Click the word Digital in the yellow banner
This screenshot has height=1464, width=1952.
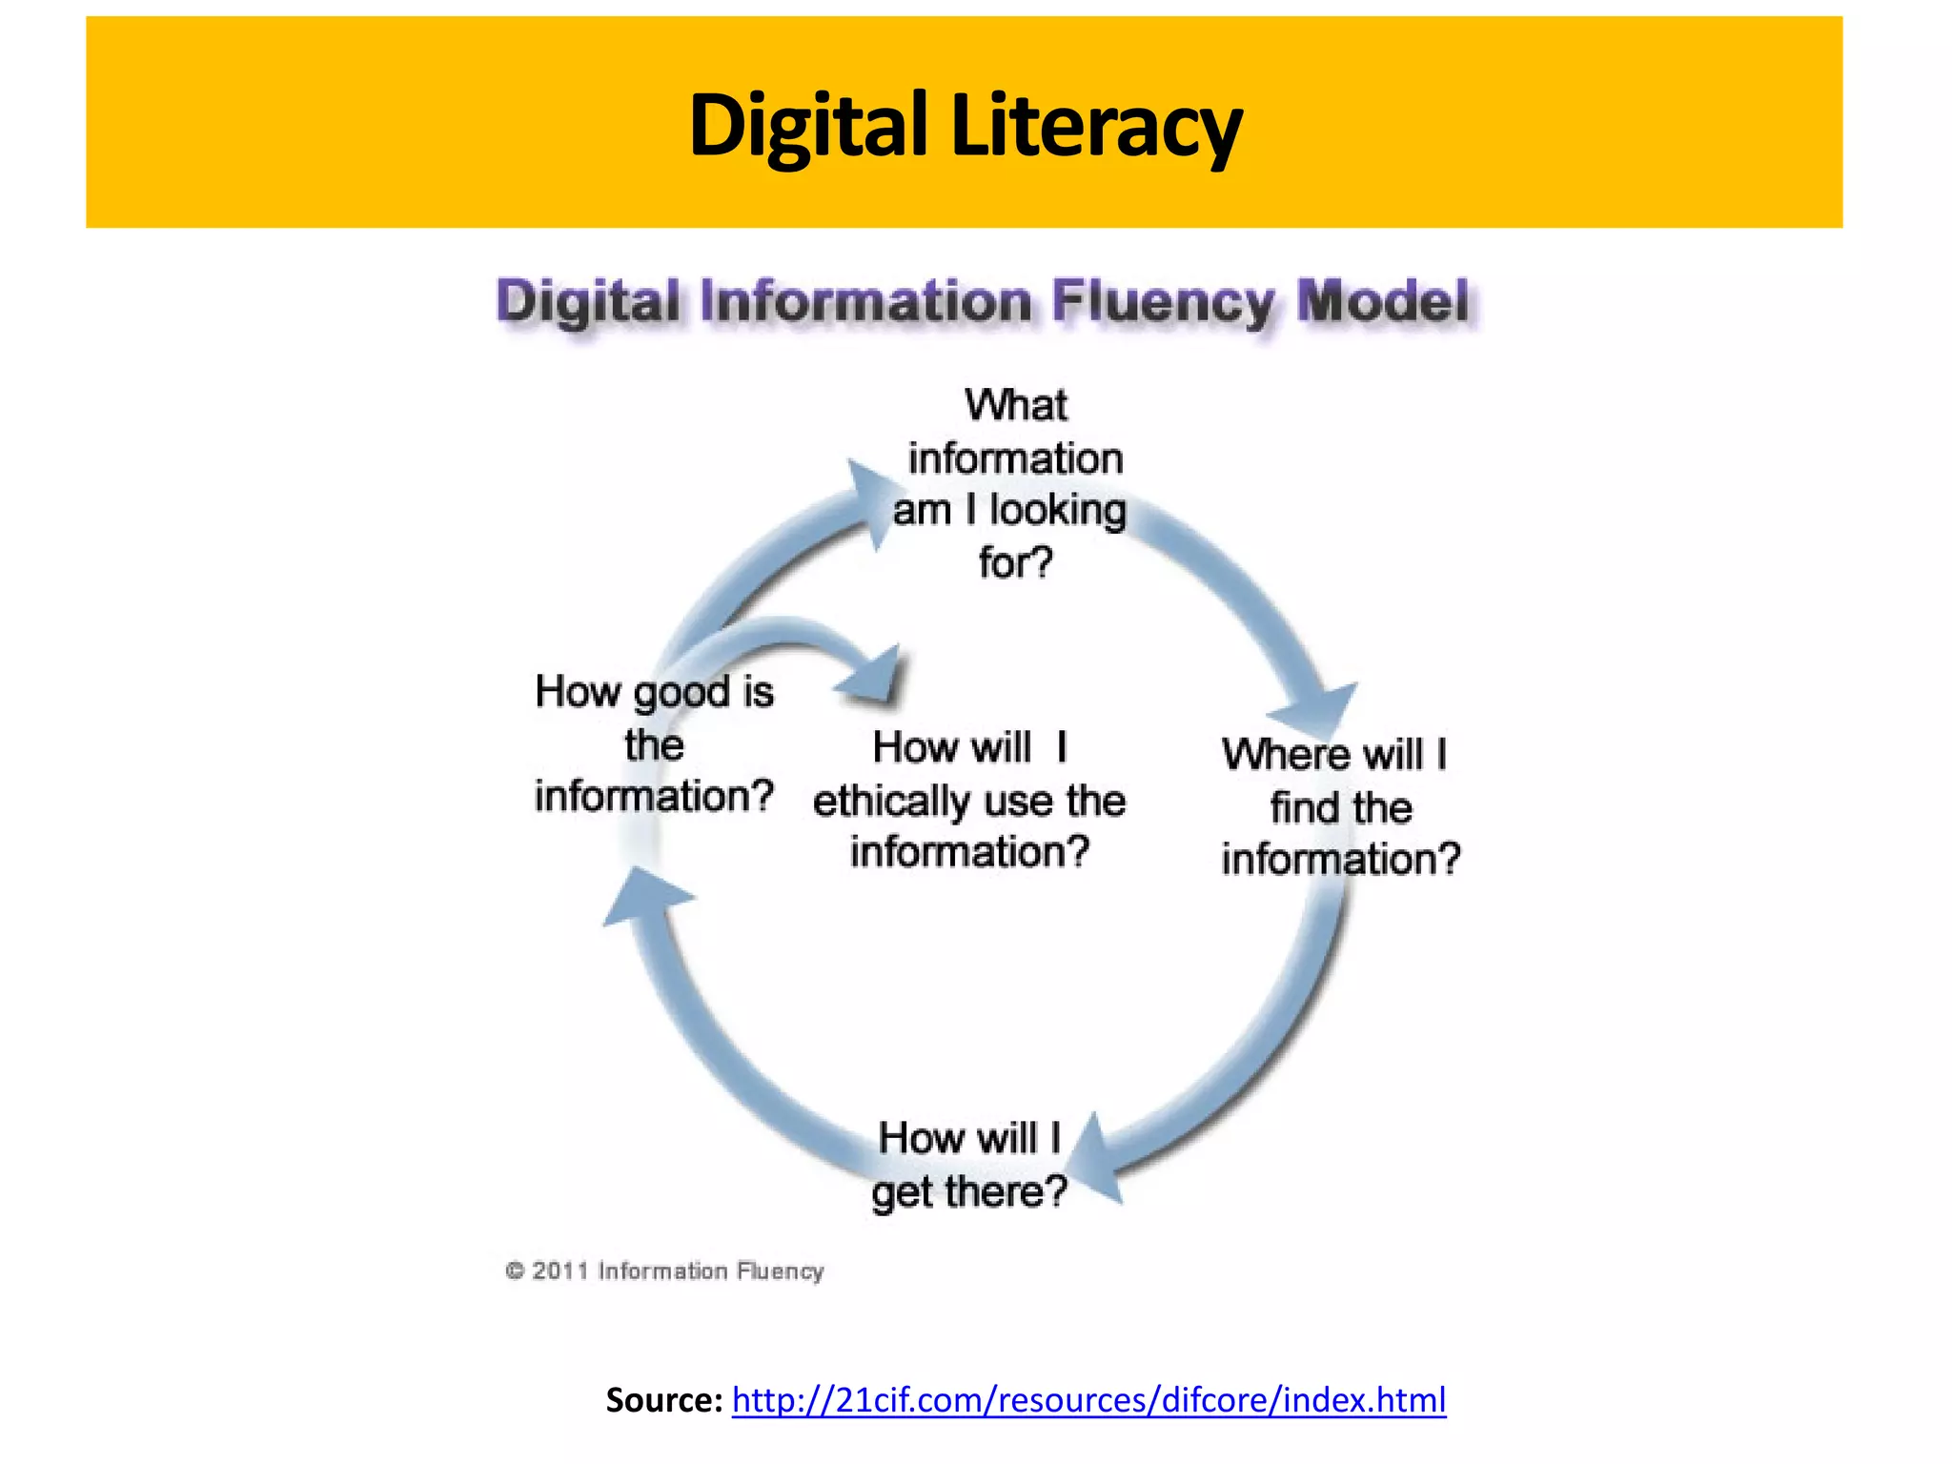(x=807, y=125)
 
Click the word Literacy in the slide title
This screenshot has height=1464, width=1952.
(x=1097, y=125)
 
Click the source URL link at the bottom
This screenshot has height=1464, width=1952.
(x=1088, y=1399)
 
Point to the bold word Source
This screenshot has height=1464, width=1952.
(x=664, y=1399)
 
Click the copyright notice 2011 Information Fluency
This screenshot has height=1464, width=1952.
(x=665, y=1271)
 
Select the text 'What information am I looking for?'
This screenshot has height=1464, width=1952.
(x=1013, y=483)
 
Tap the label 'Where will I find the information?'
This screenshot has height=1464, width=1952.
(x=1339, y=806)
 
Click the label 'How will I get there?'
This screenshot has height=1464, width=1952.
(x=969, y=1165)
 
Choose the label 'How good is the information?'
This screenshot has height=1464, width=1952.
(x=654, y=743)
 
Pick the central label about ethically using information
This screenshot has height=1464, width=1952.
(x=969, y=799)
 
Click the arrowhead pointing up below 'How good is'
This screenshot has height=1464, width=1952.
(x=646, y=897)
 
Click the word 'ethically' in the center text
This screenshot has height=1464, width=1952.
(x=888, y=801)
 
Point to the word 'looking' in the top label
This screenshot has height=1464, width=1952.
(x=1057, y=510)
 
